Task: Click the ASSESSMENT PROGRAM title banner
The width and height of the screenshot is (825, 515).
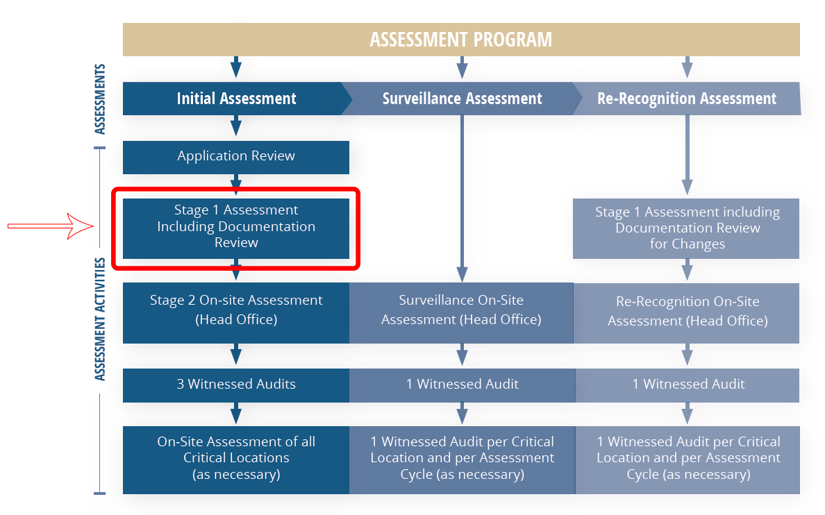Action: (x=461, y=40)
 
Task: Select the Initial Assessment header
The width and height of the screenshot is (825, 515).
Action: (x=236, y=99)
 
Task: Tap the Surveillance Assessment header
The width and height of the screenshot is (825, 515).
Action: (x=462, y=99)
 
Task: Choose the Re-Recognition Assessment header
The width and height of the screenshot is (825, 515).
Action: (x=687, y=99)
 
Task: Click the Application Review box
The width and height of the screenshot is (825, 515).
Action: (x=236, y=156)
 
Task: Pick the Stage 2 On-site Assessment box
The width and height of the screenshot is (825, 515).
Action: (x=236, y=310)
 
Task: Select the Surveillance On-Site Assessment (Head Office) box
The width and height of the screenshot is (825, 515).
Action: (x=461, y=310)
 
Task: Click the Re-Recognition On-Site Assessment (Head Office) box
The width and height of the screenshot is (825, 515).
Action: (x=687, y=312)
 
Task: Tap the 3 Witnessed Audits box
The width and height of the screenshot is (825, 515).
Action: (x=236, y=385)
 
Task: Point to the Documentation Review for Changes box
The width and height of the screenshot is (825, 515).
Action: (x=687, y=228)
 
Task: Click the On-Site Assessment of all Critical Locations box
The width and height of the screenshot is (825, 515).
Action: (x=236, y=458)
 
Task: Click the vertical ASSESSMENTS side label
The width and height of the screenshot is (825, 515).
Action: (x=100, y=99)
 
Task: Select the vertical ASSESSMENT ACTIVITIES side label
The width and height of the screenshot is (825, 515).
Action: (x=100, y=319)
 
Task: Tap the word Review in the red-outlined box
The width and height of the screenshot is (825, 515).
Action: (x=236, y=243)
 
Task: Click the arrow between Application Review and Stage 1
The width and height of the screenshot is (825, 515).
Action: (x=236, y=186)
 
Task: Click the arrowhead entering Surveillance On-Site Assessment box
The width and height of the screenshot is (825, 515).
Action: (x=462, y=274)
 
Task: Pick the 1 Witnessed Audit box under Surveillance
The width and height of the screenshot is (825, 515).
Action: (x=462, y=385)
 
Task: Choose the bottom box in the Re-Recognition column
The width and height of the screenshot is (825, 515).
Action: (x=687, y=458)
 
